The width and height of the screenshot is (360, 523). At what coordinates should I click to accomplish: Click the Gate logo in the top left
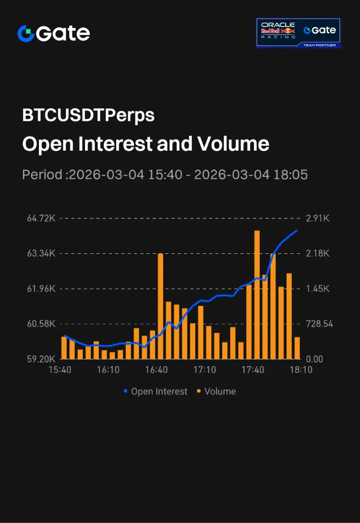coord(53,33)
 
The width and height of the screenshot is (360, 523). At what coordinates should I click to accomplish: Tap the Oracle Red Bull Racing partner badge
coord(298,33)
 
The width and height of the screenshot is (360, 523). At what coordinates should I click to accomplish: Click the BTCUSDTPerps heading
coord(88,116)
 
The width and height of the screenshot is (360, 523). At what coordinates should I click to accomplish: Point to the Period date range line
coord(165,174)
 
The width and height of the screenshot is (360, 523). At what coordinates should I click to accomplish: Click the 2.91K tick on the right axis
coord(318,218)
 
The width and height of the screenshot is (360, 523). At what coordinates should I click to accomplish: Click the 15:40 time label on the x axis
coord(60,370)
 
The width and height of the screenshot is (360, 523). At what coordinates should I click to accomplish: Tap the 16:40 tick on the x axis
coord(156,370)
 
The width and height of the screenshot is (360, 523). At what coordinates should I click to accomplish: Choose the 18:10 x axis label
coord(300,370)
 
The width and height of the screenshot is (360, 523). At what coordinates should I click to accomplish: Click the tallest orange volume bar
coord(257,295)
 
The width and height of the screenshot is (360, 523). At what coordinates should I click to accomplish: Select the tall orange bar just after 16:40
coord(160,306)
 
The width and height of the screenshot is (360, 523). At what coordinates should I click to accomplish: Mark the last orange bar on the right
coord(297,348)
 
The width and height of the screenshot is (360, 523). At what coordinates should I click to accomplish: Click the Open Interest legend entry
coord(155,392)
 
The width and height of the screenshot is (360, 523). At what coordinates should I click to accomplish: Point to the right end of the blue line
coord(297,231)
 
